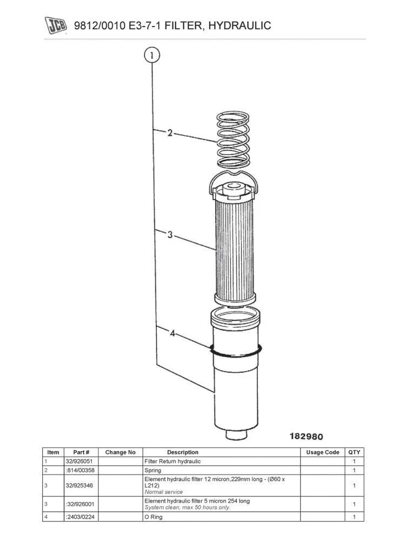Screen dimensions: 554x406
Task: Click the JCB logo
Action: (x=55, y=25)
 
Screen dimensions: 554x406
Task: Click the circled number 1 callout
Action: (x=152, y=55)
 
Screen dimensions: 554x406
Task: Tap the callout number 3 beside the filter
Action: (x=170, y=235)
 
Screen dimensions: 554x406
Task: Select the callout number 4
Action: (x=172, y=334)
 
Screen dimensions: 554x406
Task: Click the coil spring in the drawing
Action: (x=234, y=139)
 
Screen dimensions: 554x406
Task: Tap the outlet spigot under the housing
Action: (x=236, y=433)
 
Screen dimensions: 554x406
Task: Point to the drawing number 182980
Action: (x=307, y=436)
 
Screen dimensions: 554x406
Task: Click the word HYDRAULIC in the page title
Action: (x=238, y=25)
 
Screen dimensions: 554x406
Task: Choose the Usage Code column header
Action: (x=323, y=452)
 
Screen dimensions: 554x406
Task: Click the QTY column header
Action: (x=354, y=452)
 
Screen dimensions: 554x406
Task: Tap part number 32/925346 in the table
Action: (x=79, y=486)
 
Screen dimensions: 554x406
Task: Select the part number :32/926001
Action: (x=79, y=504)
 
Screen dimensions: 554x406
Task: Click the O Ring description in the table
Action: (x=154, y=517)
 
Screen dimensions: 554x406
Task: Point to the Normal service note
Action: (x=164, y=492)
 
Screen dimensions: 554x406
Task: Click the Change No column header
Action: (x=120, y=452)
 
